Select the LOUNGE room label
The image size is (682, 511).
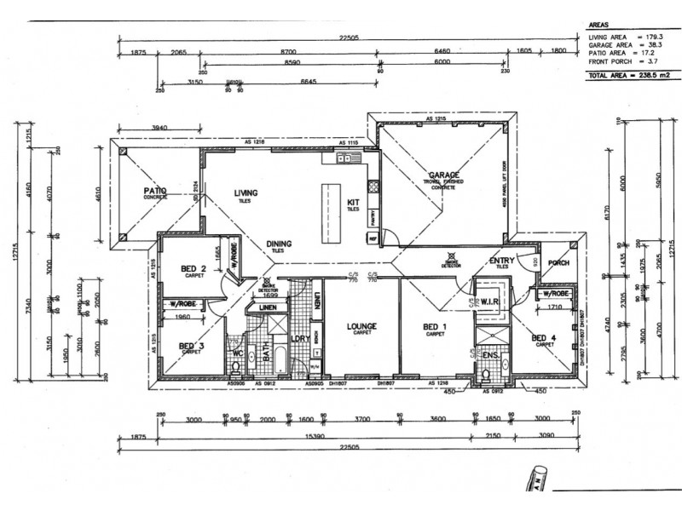(361, 325)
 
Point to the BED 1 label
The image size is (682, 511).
(435, 325)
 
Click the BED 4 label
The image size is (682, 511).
(542, 338)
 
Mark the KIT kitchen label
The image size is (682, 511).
(353, 202)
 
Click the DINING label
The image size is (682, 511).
(278, 244)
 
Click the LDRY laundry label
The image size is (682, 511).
(299, 339)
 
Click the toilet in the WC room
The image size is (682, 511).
(236, 367)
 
